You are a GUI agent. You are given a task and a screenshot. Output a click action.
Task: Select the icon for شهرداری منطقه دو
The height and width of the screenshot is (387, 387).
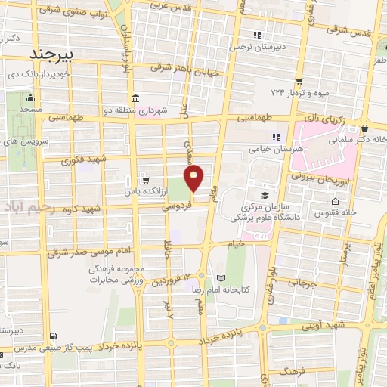coord(135,98)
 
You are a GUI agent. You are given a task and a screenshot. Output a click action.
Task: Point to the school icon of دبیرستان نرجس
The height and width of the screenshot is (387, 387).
coord(257,35)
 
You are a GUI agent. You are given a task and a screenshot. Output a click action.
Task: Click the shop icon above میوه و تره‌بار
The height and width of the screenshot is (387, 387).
coord(299,82)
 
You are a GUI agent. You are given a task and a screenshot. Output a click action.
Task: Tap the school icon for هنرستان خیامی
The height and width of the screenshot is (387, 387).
coord(276,137)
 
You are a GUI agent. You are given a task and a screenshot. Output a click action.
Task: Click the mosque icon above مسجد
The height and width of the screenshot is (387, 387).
coord(29,98)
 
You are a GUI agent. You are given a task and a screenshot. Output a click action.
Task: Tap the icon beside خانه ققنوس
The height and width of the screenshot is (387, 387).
coord(335,201)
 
